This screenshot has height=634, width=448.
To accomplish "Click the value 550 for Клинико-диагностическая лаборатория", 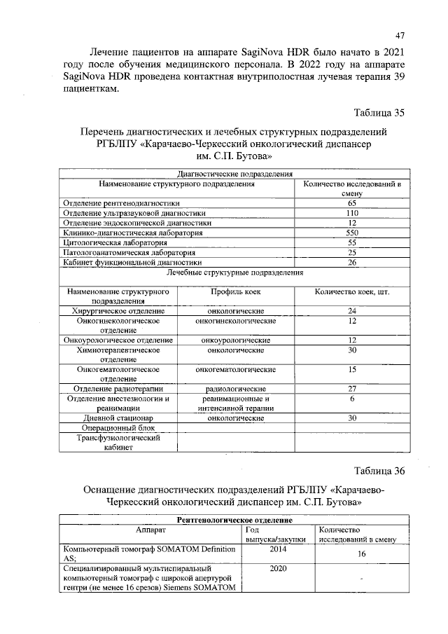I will coord(352,232).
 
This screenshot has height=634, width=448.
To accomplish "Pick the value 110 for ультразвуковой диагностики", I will coord(352,212).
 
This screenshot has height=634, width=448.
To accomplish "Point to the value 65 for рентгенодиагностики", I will coord(352,202).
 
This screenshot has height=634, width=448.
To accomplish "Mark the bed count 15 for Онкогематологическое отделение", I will coord(352,369).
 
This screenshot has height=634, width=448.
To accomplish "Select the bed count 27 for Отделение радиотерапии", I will coord(352,389).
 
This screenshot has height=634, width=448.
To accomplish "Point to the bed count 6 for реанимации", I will coord(352,399).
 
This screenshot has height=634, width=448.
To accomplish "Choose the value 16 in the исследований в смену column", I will coord(361,553).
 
